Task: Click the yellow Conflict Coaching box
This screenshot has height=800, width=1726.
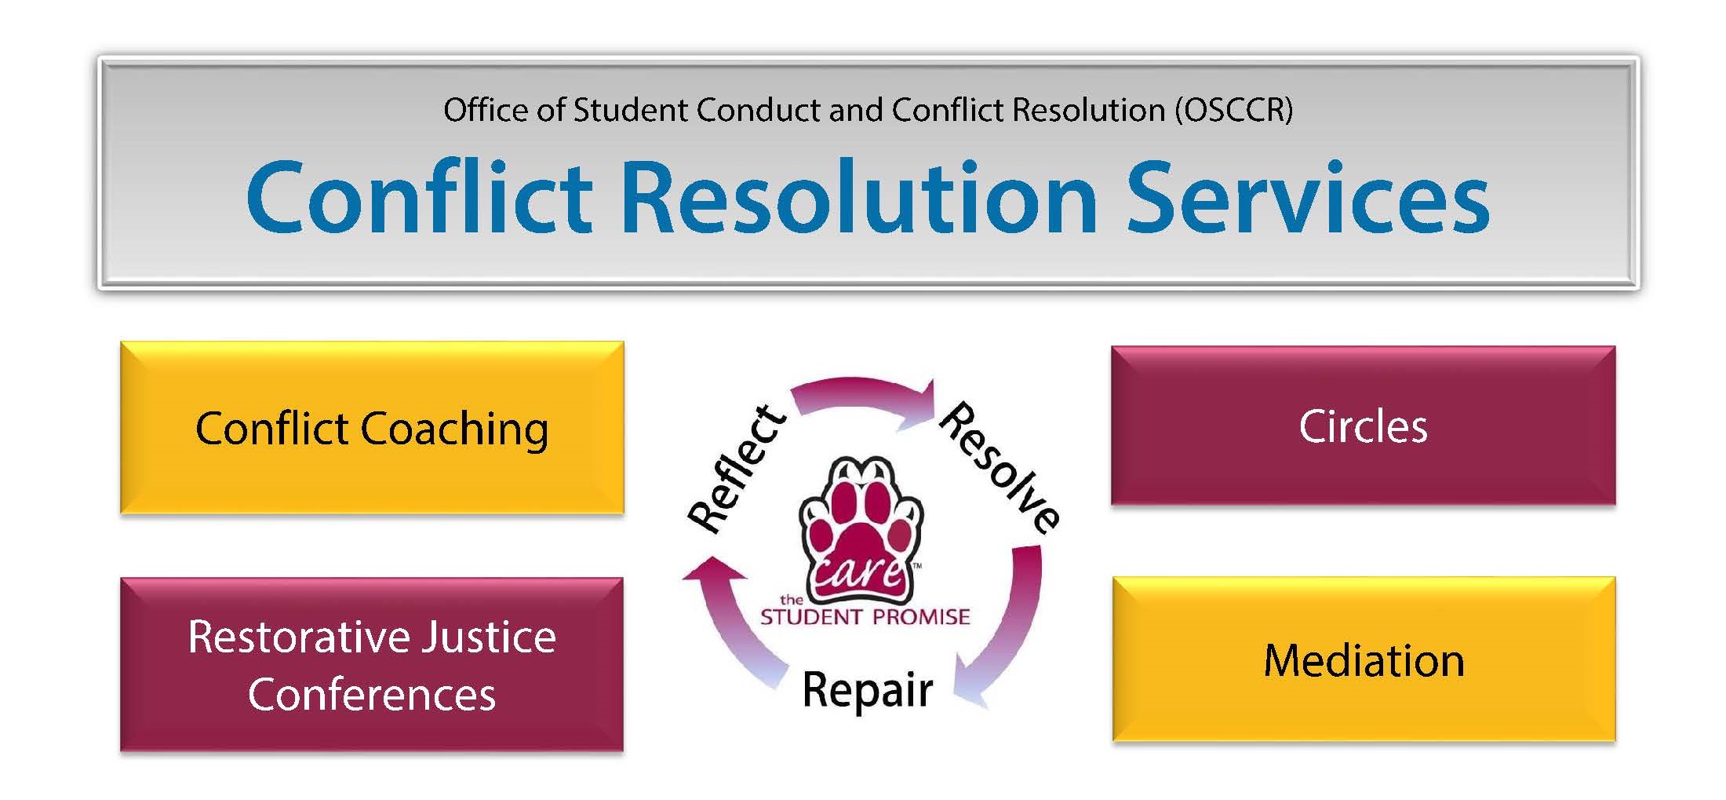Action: (x=372, y=428)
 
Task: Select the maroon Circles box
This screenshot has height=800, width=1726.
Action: (x=1363, y=426)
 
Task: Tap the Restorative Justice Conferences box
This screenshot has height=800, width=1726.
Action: (x=372, y=665)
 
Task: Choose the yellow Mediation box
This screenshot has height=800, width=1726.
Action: (x=1364, y=659)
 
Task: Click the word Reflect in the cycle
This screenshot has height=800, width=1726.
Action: (x=736, y=469)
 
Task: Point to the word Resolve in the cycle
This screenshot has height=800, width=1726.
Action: (x=1000, y=467)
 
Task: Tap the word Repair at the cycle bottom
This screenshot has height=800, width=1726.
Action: (x=868, y=690)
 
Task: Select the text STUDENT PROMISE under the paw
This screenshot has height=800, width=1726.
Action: (x=865, y=617)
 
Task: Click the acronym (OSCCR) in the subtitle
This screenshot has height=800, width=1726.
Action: (x=1233, y=110)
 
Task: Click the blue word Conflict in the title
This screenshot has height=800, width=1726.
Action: (x=420, y=196)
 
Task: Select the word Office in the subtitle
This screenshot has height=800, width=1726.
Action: (x=486, y=110)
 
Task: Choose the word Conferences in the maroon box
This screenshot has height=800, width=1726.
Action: (x=372, y=695)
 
